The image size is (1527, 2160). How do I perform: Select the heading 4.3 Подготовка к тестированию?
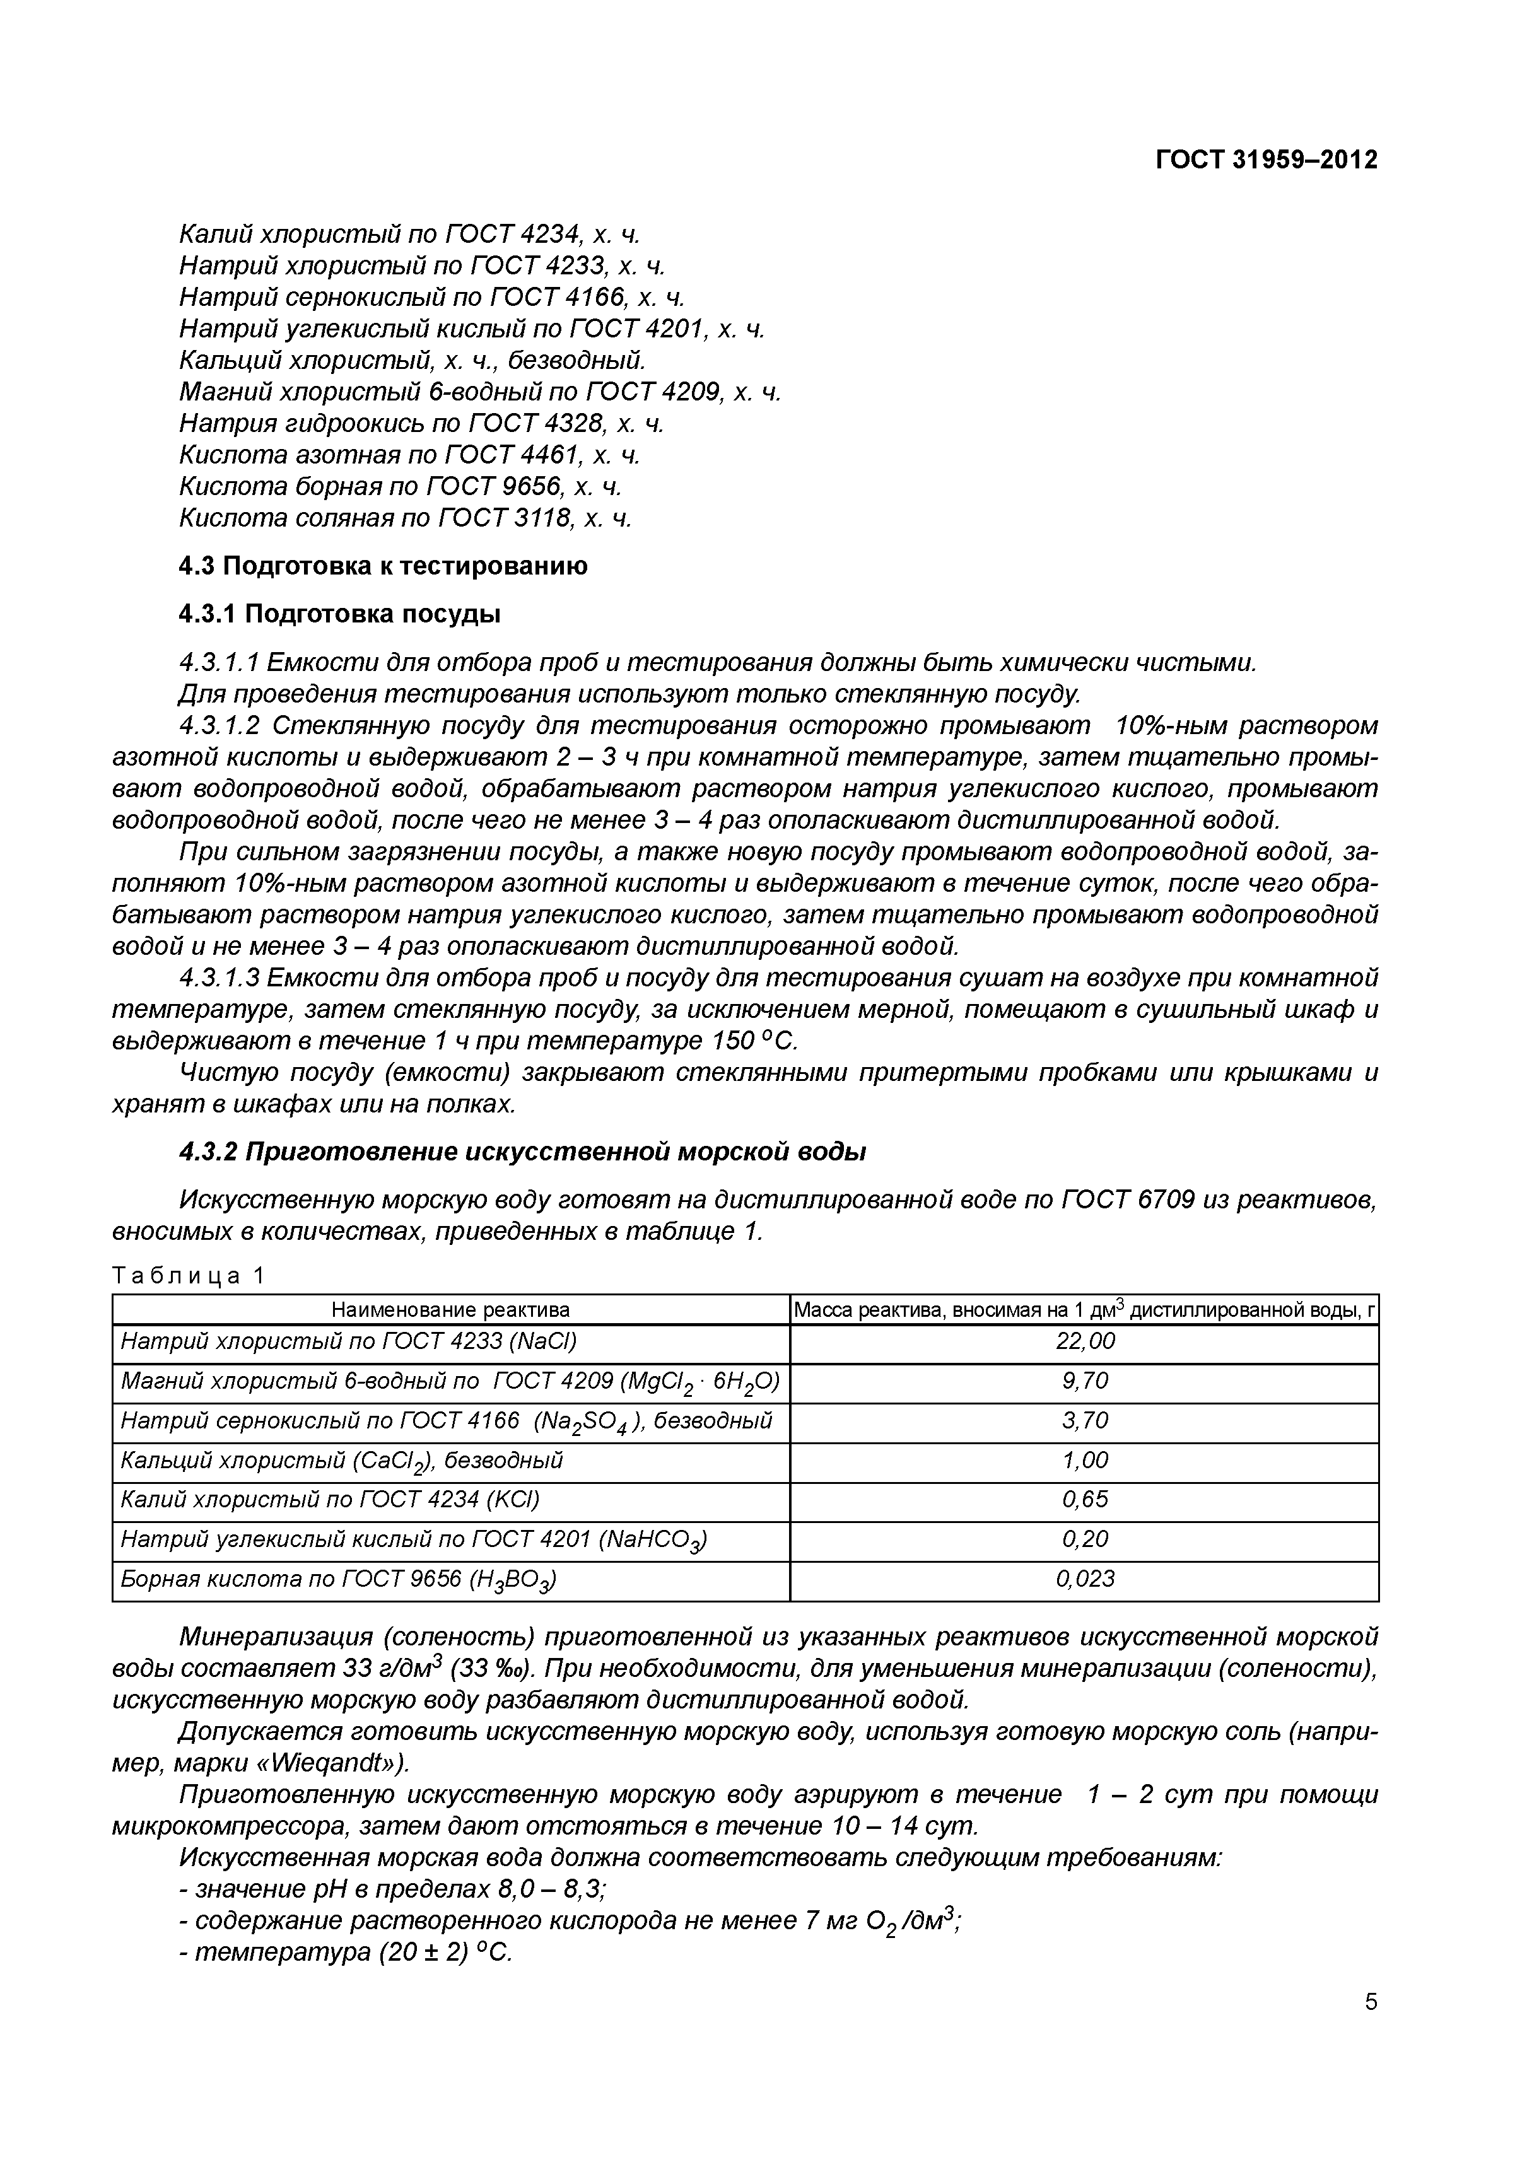point(383,566)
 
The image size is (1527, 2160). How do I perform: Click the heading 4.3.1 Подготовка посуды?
point(339,614)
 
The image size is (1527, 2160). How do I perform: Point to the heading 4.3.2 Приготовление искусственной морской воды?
point(522,1152)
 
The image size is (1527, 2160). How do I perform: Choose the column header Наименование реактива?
point(450,1309)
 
